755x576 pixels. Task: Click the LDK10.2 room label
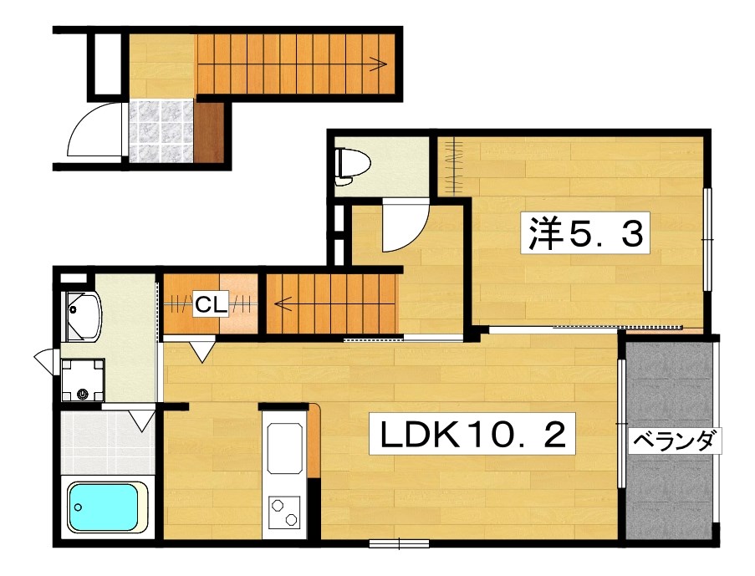473,436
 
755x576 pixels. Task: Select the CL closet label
212,305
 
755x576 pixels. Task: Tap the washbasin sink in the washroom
82,316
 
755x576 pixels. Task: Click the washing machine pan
83,380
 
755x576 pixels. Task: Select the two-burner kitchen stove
284,511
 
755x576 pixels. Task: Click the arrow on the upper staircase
380,64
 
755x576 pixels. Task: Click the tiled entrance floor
160,131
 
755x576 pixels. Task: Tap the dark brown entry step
212,132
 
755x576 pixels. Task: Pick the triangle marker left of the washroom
43,360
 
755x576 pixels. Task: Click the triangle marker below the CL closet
202,351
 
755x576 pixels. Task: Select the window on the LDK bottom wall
398,545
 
